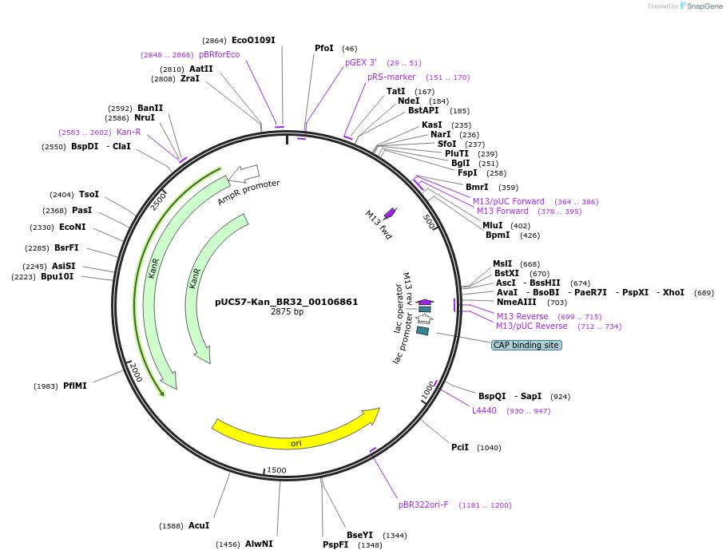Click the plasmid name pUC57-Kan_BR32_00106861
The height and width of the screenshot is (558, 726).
286,303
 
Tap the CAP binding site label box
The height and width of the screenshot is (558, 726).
526,345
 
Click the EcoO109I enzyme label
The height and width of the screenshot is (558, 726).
253,40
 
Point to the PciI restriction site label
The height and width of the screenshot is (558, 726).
460,447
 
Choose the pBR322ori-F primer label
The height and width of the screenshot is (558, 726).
423,505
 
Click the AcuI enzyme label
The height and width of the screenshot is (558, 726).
199,525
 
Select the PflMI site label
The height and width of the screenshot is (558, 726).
75,386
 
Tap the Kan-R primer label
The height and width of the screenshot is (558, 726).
129,132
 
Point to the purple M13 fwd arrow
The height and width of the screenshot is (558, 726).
391,212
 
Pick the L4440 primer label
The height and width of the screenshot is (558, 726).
484,410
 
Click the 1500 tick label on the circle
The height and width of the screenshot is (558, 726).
276,470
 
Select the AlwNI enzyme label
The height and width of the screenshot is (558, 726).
259,544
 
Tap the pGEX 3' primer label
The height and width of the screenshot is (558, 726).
361,62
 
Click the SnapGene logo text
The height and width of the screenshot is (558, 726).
702,6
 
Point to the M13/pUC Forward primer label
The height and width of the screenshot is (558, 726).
509,201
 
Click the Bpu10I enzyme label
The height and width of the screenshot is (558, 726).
58,276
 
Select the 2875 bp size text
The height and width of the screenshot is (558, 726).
287,312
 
